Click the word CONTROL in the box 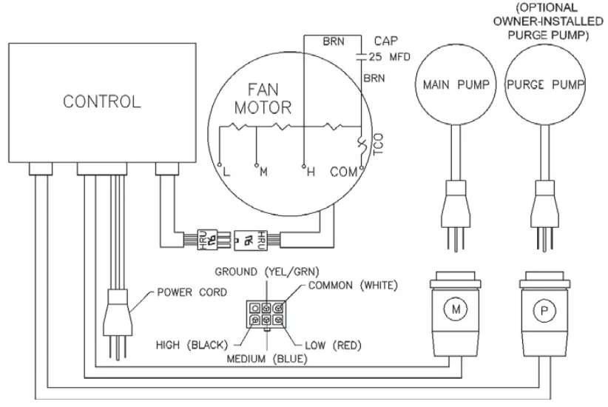(x=101, y=101)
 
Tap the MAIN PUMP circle (x=456, y=84)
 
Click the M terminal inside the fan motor (x=262, y=172)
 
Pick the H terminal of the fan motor (x=311, y=172)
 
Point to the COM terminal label (x=342, y=172)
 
